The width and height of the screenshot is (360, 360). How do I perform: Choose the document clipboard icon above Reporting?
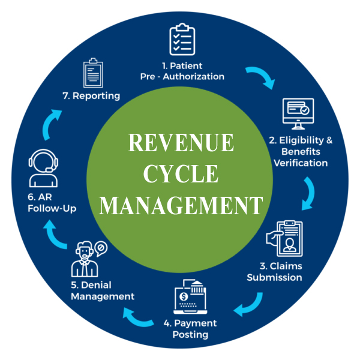[x=93, y=73]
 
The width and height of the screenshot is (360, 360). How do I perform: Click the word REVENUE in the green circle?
[x=181, y=143]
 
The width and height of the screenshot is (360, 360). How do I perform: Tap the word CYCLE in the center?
[x=181, y=174]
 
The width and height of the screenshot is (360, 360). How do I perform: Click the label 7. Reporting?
[x=94, y=96]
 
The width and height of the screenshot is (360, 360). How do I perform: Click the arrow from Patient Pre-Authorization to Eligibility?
[x=260, y=77]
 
